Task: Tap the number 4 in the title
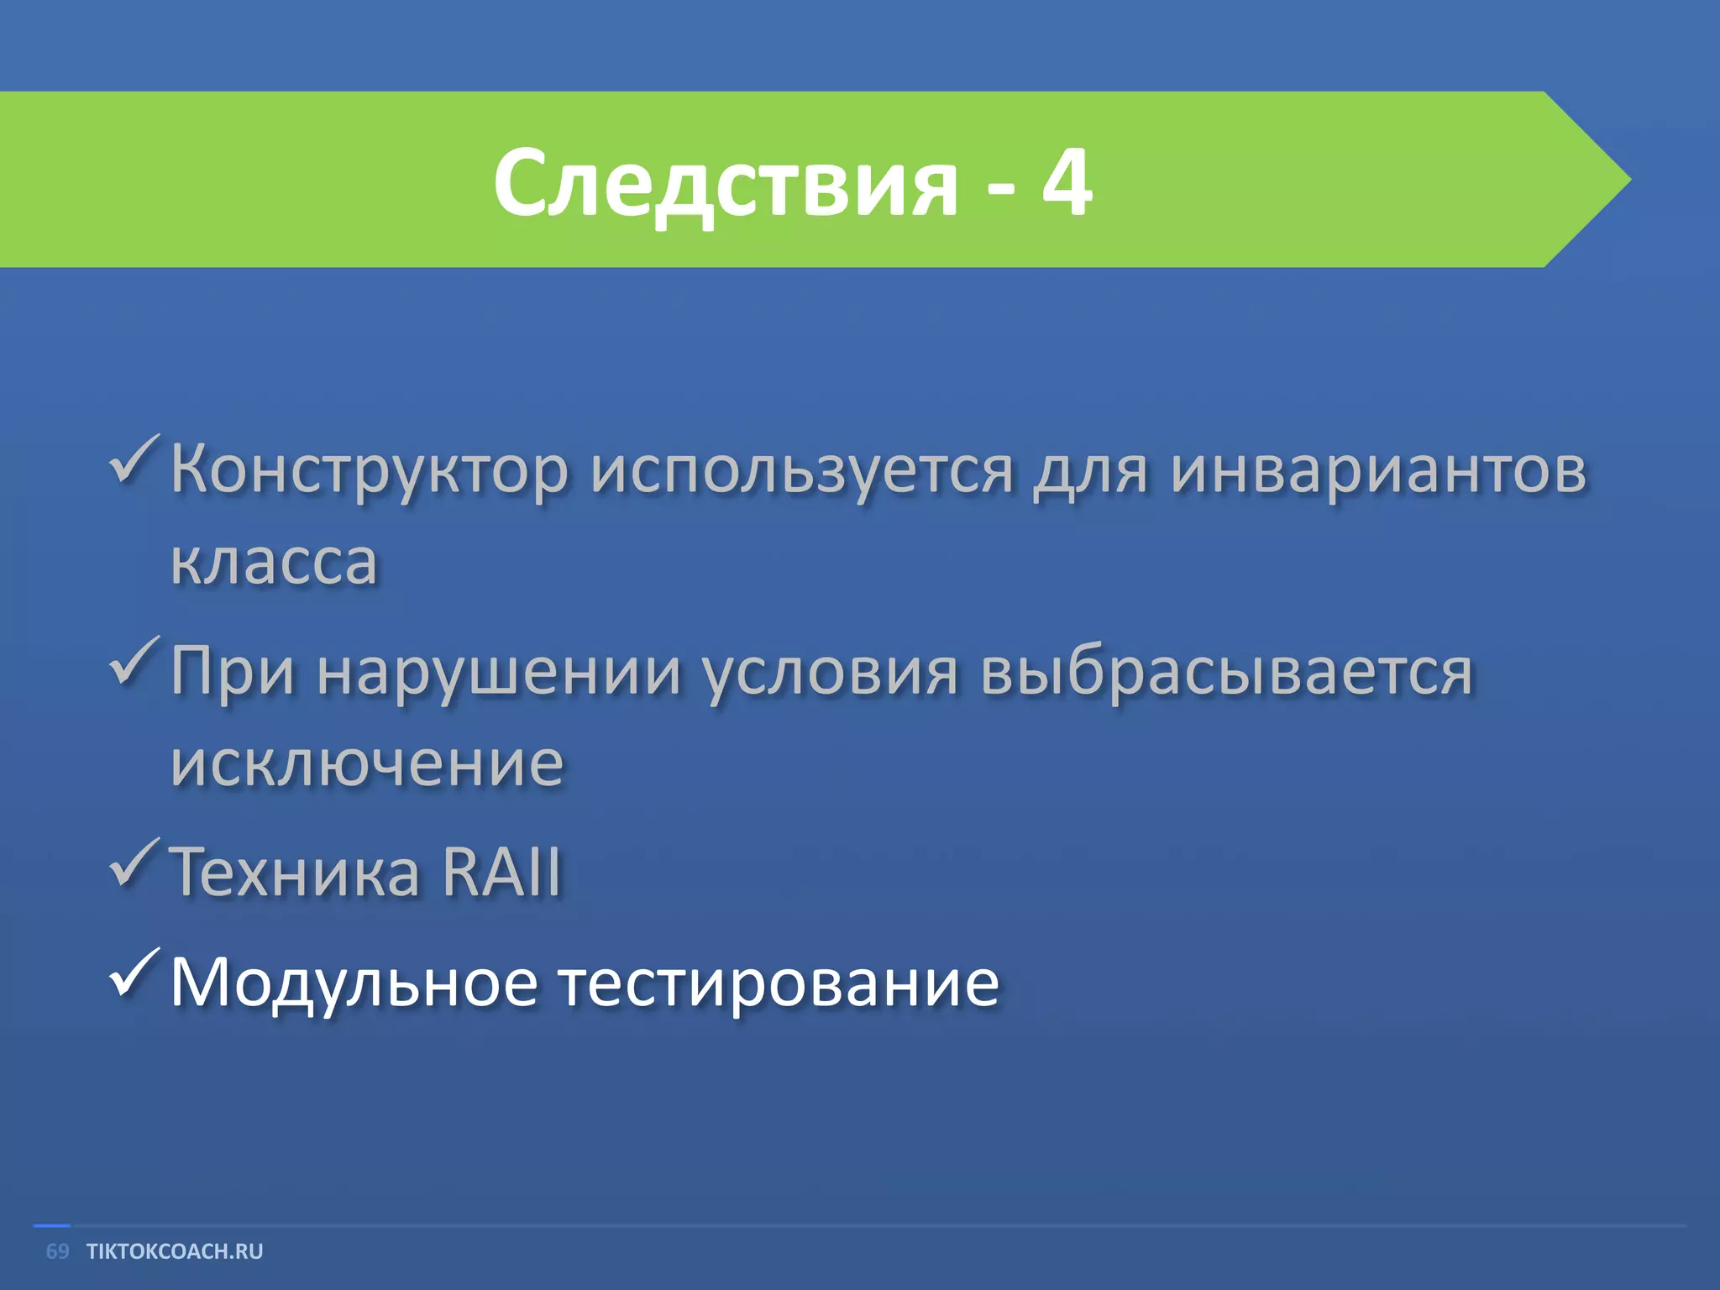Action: tap(1067, 181)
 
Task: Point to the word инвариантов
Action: tap(1379, 470)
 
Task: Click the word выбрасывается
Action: tap(1226, 672)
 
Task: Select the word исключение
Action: tap(367, 764)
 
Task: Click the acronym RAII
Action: tap(501, 872)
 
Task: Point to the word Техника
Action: tap(294, 872)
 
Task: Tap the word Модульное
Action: tap(354, 983)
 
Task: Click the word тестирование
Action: tap(779, 983)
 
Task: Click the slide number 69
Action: tap(57, 1251)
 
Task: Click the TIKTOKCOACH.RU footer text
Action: tap(175, 1251)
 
